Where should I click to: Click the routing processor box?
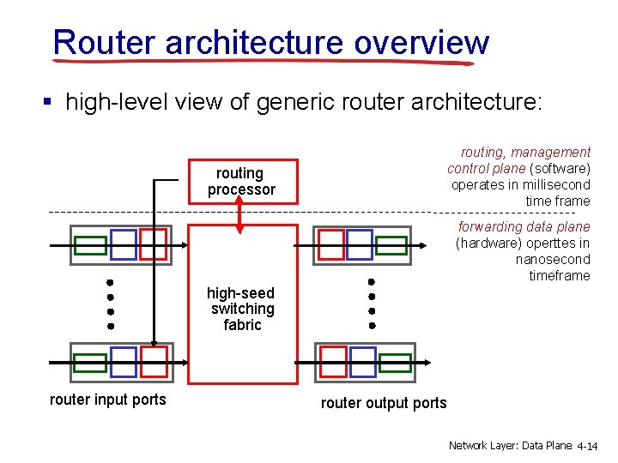coord(241,182)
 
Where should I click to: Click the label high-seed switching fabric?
coord(242,309)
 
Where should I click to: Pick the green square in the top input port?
coord(90,245)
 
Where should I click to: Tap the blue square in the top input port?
coord(124,244)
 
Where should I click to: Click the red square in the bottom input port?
coord(154,362)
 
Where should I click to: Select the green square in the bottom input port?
coord(90,363)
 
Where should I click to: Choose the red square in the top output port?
coord(331,244)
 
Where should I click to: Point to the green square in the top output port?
coord(391,245)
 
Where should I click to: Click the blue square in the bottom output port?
coord(360,362)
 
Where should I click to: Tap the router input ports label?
coord(108,400)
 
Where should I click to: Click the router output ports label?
coord(384,403)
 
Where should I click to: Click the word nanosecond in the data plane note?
coord(553,259)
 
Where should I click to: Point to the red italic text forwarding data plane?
coord(524,226)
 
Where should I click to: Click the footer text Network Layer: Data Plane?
coord(510,446)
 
